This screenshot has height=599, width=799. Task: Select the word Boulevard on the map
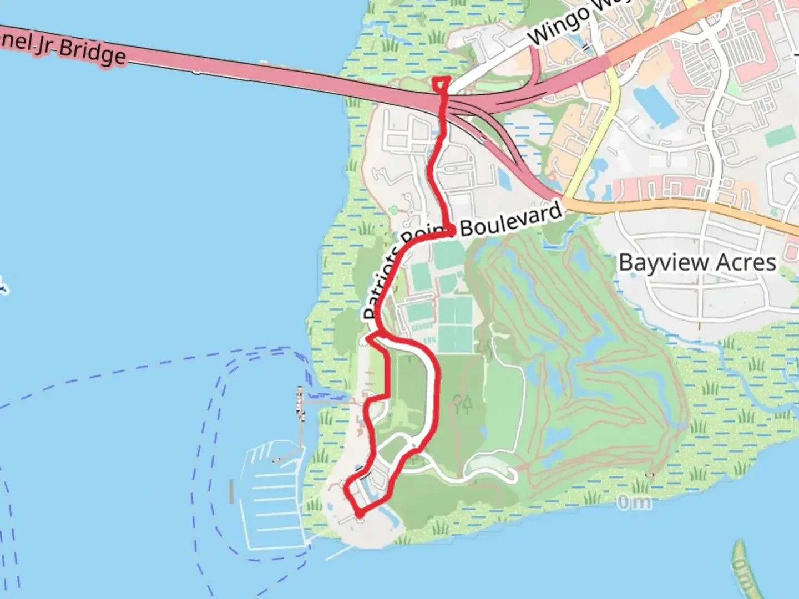click(510, 220)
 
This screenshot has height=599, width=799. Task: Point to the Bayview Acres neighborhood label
click(697, 262)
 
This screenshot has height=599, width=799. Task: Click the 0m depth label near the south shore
click(634, 502)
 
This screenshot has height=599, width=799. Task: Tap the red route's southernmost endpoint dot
click(360, 514)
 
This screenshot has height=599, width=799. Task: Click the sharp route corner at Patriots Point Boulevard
click(452, 231)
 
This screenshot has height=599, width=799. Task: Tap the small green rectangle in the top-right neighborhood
click(780, 136)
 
